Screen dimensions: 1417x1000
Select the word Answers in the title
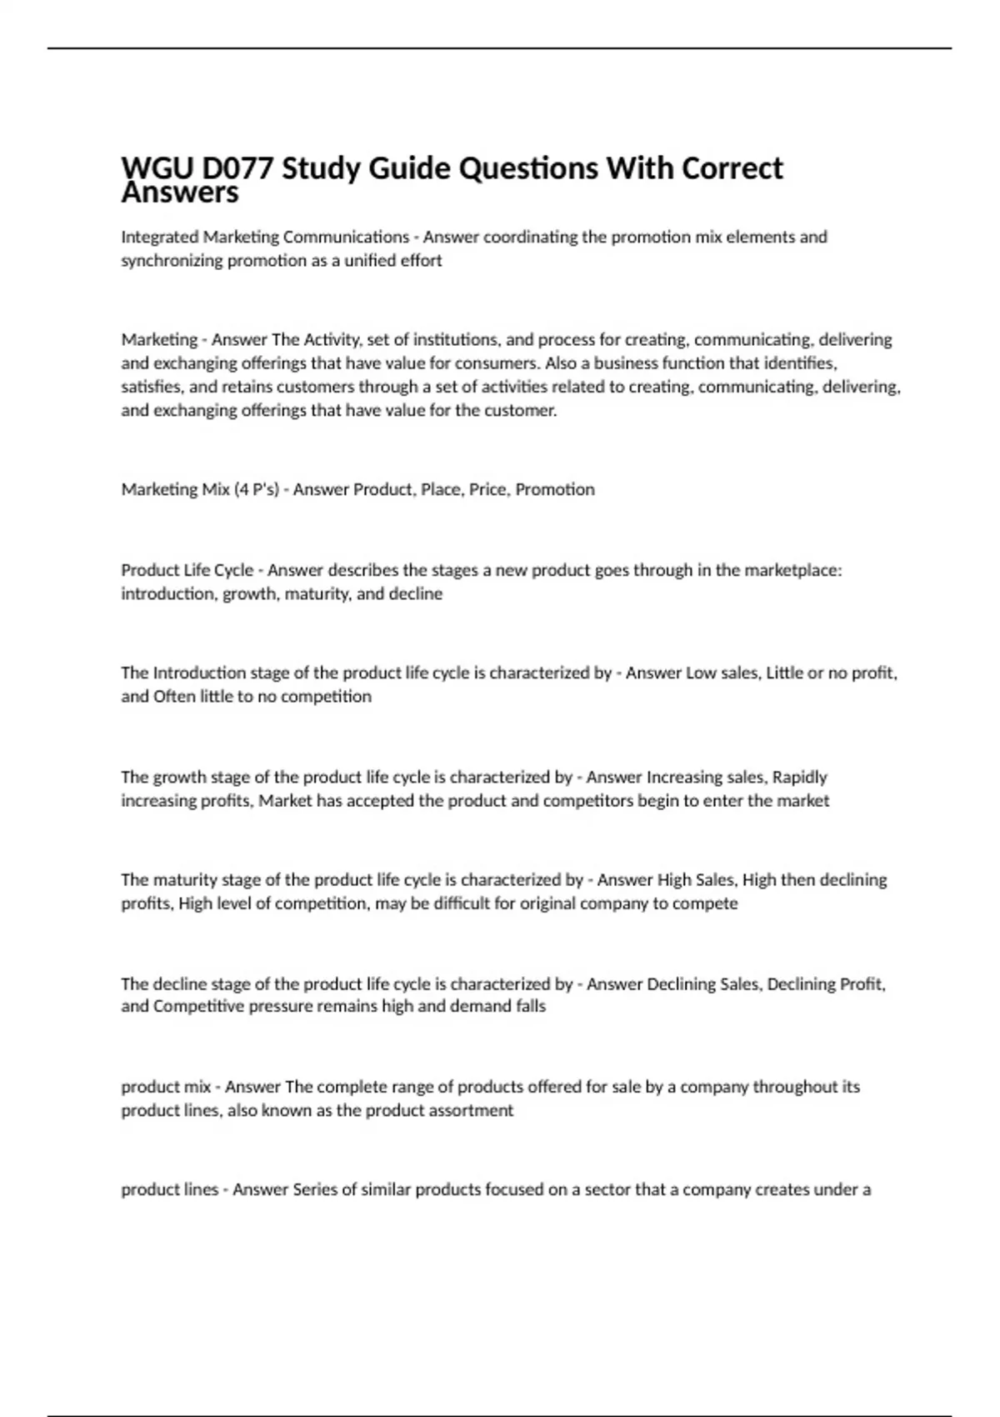tap(180, 193)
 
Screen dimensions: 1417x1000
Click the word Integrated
tap(160, 238)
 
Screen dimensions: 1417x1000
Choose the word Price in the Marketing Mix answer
tap(487, 489)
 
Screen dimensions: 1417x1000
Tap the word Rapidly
tap(799, 777)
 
